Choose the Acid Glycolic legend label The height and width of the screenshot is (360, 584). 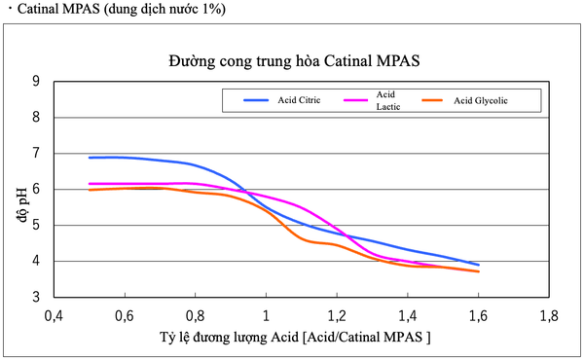click(481, 100)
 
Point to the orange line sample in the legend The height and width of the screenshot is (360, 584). click(435, 100)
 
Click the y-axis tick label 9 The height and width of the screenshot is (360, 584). click(36, 82)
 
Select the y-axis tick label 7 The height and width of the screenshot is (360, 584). click(36, 154)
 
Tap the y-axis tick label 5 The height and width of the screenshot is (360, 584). click(36, 226)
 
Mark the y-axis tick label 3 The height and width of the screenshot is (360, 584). click(36, 298)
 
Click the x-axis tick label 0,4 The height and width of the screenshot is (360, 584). click(54, 316)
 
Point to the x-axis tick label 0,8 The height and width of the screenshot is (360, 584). click(195, 316)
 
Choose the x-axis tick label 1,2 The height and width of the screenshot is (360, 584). click(337, 316)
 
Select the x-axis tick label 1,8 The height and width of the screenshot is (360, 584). click(548, 316)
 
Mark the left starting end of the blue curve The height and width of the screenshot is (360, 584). click(90, 158)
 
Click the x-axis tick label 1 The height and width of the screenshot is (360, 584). click(266, 316)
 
